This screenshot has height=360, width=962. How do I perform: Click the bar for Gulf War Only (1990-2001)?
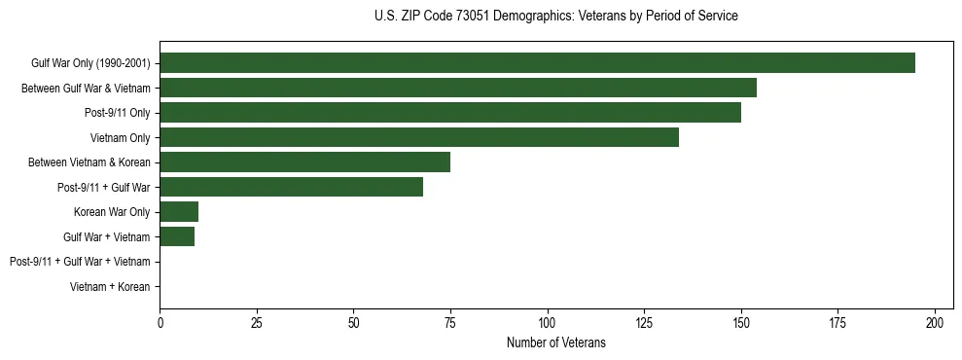537,63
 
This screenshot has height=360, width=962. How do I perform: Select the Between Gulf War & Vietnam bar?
458,88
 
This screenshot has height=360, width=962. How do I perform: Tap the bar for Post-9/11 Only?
450,113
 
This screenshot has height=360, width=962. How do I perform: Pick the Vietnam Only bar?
419,137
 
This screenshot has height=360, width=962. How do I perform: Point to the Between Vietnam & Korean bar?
305,162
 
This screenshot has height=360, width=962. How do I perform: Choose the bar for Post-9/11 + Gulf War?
292,187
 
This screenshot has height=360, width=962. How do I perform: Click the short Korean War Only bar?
179,211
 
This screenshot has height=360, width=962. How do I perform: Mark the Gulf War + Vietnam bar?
177,236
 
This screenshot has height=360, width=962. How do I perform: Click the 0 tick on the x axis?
160,322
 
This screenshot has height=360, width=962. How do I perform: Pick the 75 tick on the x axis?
450,322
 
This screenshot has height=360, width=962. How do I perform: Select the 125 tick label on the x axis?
645,322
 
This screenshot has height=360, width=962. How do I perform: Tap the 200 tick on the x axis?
935,322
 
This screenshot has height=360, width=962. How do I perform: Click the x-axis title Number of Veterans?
555,342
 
